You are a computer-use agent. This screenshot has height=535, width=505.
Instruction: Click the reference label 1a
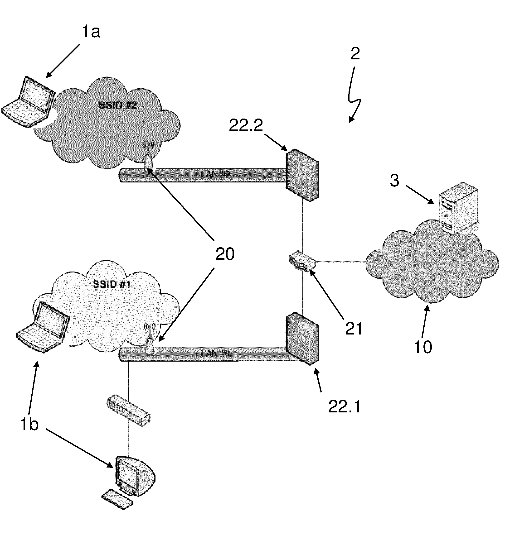(91, 32)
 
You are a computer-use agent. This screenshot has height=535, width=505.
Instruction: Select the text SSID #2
(118, 105)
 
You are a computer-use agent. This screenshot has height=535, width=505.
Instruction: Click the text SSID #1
(112, 284)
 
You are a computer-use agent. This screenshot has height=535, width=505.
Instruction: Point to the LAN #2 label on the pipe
(215, 174)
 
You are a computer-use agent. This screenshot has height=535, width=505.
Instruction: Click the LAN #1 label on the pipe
(215, 353)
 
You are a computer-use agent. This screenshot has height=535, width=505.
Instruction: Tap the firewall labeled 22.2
(302, 175)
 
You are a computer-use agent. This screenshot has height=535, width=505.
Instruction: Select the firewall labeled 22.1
(302, 339)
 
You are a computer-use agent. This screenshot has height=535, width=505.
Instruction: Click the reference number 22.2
(246, 125)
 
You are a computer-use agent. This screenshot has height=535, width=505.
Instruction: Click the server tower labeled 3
(458, 209)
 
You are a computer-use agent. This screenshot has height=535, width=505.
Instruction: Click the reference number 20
(225, 254)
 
